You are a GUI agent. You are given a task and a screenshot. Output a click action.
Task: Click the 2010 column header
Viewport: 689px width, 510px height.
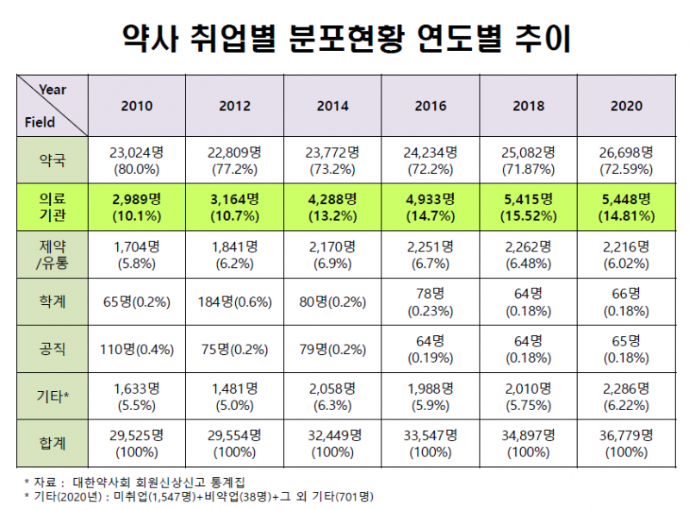coord(137,106)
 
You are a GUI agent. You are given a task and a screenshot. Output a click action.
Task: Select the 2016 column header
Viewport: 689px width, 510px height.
coord(431,106)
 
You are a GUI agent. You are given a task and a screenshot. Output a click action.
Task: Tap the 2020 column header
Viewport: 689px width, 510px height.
coord(626,106)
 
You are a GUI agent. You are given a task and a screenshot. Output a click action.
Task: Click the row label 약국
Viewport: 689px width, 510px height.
coord(52,159)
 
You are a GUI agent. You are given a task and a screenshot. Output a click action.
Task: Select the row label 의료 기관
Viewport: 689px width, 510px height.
coord(52,208)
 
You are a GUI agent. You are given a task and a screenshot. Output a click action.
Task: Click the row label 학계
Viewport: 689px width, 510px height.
coord(52,302)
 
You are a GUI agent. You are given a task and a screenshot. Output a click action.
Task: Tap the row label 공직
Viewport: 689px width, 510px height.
coord(52,349)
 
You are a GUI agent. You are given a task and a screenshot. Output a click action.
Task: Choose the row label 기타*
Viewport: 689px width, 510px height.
coord(52,395)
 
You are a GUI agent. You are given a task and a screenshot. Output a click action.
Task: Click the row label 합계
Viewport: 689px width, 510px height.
coord(52,443)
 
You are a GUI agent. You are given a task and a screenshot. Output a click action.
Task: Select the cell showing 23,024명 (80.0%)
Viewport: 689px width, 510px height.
coord(137,159)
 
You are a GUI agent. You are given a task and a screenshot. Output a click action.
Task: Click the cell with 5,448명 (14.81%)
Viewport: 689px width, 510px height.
coord(626,208)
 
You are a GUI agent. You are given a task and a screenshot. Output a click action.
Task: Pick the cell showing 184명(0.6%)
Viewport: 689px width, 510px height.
coord(235,302)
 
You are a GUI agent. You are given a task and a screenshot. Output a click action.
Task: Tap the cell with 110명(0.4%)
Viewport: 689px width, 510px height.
coord(137,349)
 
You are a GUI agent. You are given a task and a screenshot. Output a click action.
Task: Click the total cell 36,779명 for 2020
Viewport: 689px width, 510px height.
coord(626,443)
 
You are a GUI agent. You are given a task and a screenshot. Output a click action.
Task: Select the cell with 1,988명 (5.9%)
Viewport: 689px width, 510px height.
coord(431,395)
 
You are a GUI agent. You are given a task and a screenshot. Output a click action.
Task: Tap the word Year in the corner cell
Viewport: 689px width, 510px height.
coord(53,90)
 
